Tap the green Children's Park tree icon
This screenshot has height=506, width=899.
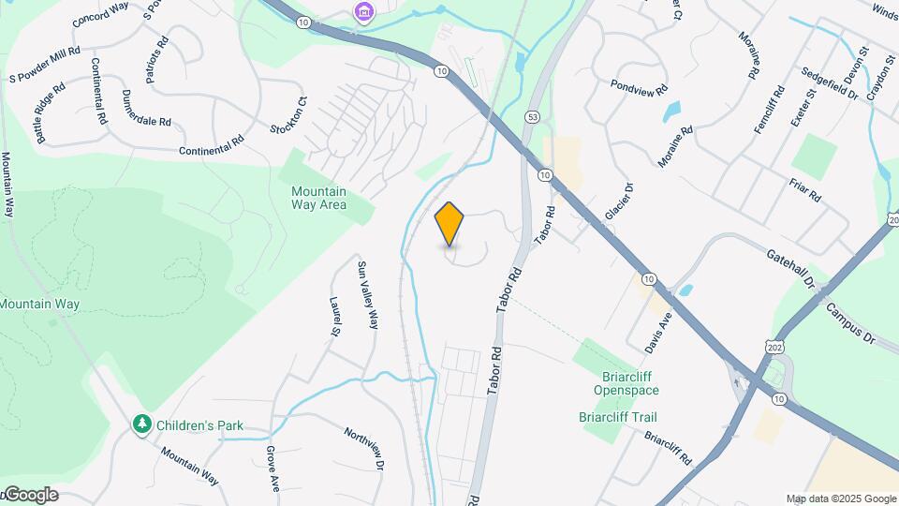click(x=142, y=424)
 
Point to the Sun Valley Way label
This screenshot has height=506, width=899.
click(x=367, y=293)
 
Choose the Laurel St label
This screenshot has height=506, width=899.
click(x=334, y=316)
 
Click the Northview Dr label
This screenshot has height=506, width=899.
click(x=364, y=449)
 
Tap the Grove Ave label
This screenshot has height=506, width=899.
click(x=273, y=469)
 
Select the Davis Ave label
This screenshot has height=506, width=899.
click(x=658, y=332)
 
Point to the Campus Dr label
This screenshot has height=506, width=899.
click(x=849, y=322)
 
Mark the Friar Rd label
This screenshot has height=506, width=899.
click(x=805, y=190)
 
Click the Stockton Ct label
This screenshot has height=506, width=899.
click(x=288, y=114)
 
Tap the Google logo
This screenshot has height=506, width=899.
click(x=30, y=495)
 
